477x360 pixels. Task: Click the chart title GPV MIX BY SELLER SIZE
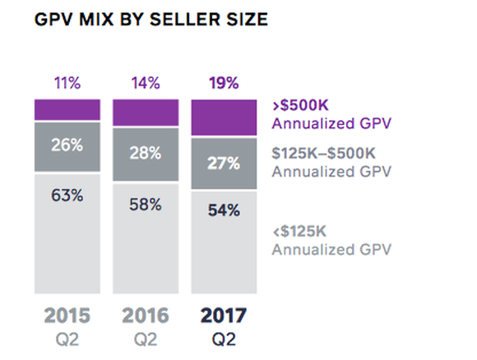[x=152, y=21]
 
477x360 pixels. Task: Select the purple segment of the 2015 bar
[x=67, y=110]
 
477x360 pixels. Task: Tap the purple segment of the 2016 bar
[x=145, y=113]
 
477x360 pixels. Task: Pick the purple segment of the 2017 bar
[x=224, y=118]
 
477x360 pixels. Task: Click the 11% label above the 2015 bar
[x=67, y=82]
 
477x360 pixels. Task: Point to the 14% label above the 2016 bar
[x=145, y=82]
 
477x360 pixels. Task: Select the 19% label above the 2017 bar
[x=224, y=82]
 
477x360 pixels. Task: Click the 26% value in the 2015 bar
[x=67, y=145]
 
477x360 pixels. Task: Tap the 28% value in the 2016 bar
[x=145, y=152]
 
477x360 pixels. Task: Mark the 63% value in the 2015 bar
[x=67, y=196]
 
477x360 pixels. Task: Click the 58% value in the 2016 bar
[x=145, y=205]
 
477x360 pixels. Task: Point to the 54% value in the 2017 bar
[x=224, y=210]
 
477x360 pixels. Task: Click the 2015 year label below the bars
[x=67, y=316]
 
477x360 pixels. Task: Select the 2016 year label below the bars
[x=145, y=316]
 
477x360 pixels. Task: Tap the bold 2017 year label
[x=224, y=316]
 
